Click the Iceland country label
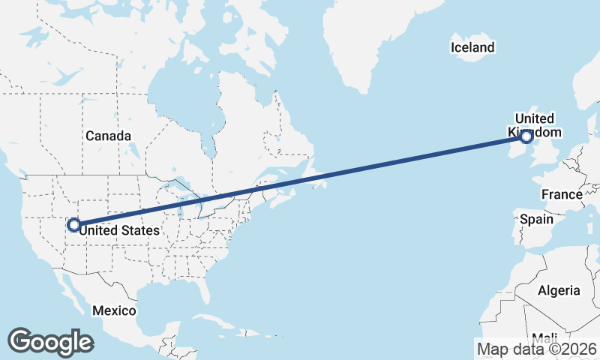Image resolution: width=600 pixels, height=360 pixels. pyautogui.click(x=472, y=48)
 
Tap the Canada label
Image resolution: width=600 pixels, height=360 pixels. pyautogui.click(x=108, y=136)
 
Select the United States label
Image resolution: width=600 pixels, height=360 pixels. pyautogui.click(x=120, y=230)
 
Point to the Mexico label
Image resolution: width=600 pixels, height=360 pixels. pyautogui.click(x=114, y=310)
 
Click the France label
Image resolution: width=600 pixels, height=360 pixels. pyautogui.click(x=562, y=195)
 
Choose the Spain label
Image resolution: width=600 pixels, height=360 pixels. pyautogui.click(x=536, y=220)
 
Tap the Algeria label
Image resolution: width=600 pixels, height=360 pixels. pyautogui.click(x=559, y=290)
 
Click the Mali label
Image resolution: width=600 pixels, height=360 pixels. pyautogui.click(x=544, y=337)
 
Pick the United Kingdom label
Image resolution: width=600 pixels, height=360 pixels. pyautogui.click(x=535, y=125)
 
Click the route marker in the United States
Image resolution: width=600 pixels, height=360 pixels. pyautogui.click(x=73, y=224)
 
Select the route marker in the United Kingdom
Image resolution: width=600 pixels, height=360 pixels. pyautogui.click(x=526, y=136)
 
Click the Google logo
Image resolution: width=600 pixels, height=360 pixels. pyautogui.click(x=50, y=341)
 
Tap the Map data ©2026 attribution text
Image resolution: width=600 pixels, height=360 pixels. pyautogui.click(x=537, y=349)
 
